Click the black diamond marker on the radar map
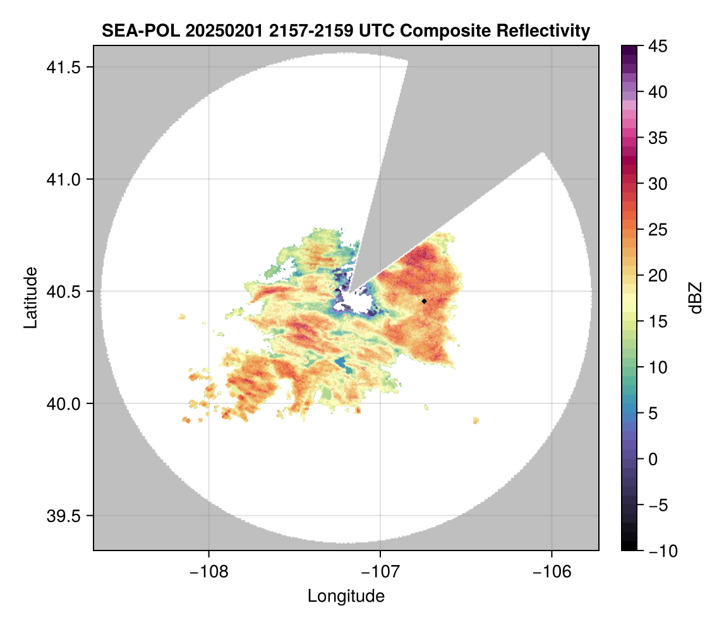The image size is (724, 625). click(424, 301)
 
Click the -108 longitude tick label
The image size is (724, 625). click(208, 572)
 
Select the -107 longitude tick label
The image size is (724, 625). click(380, 572)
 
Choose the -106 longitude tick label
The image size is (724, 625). click(552, 572)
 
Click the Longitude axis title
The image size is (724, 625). click(346, 596)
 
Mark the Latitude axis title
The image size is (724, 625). click(30, 297)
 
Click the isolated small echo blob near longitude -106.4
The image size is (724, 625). click(476, 420)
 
